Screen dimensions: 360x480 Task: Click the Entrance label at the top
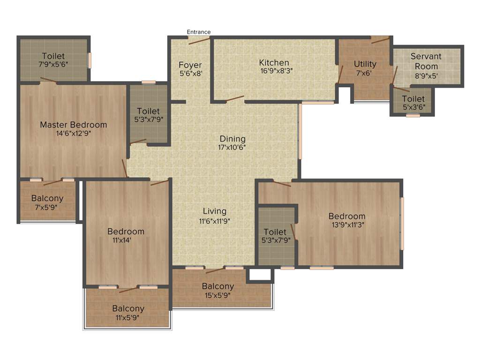point(199,32)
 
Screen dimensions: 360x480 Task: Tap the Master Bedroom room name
point(73,125)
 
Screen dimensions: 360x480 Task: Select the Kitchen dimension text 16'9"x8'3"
point(274,72)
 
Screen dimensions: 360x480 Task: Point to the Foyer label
point(190,65)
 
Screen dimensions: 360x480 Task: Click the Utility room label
point(365,64)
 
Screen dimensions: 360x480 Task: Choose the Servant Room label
point(426,61)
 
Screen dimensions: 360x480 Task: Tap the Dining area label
point(232,139)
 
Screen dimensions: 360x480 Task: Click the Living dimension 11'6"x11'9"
point(214,221)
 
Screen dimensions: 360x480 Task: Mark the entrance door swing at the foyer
point(199,40)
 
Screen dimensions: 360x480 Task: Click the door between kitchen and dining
point(234,99)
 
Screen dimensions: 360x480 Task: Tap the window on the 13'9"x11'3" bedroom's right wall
point(402,223)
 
